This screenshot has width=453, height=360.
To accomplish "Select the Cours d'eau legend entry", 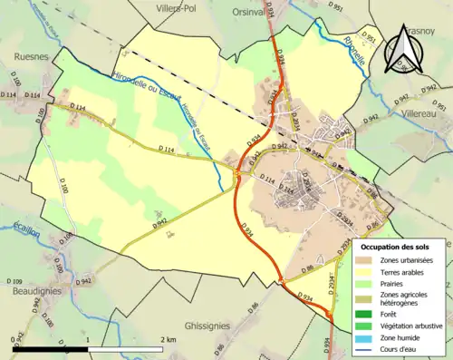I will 404,347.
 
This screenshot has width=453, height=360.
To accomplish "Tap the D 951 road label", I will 335,8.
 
